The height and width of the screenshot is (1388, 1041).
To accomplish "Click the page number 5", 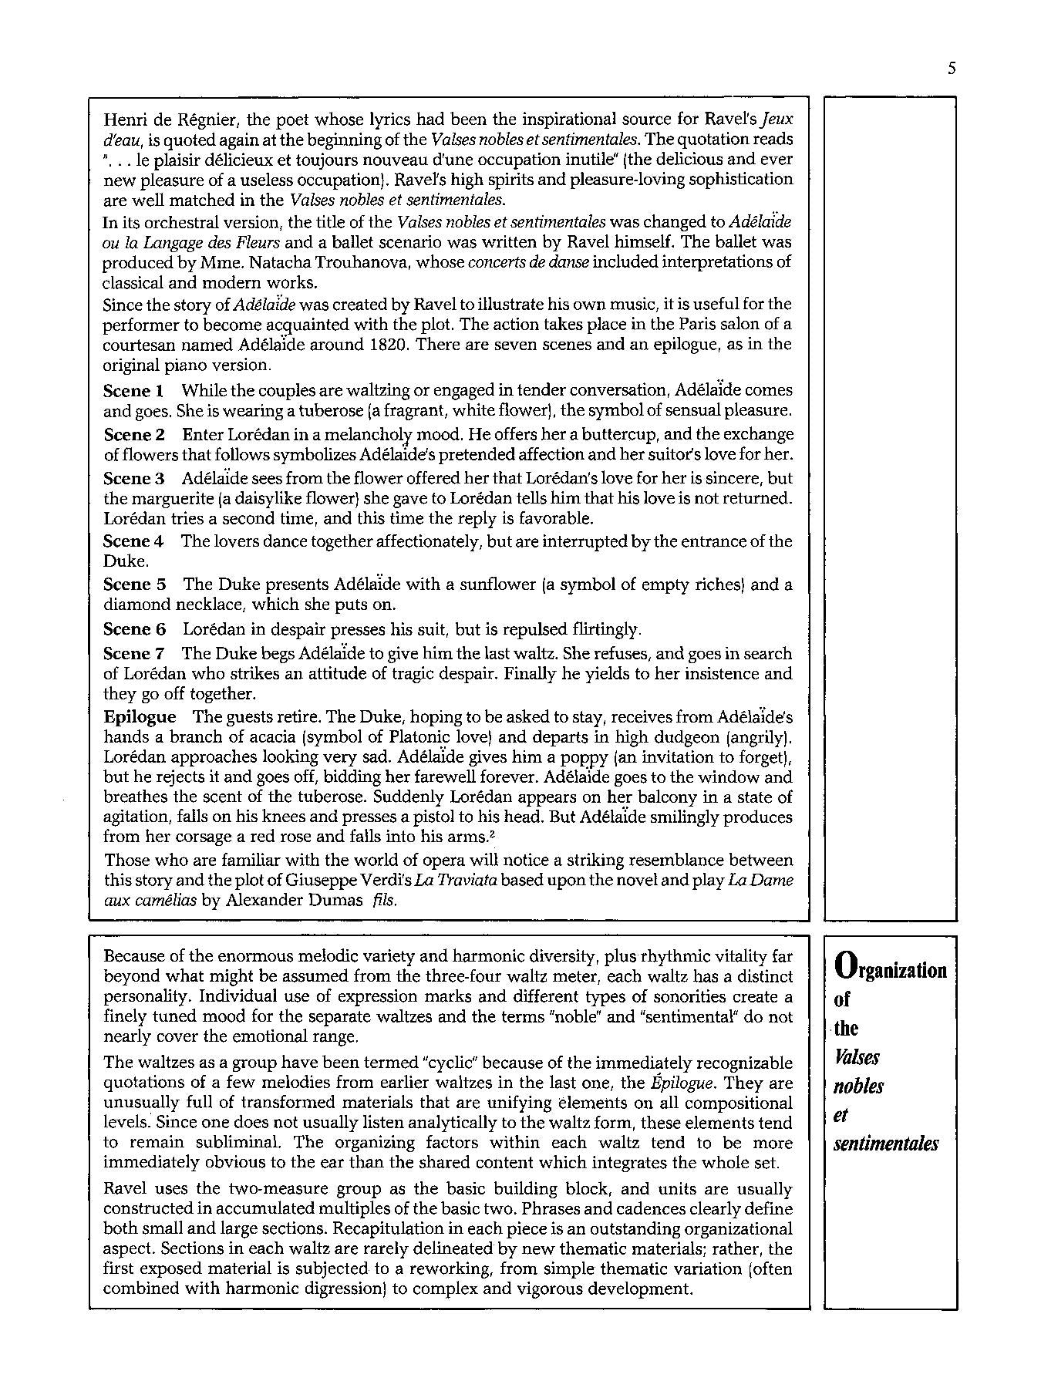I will point(952,69).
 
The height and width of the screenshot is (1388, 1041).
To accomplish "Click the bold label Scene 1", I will point(133,390).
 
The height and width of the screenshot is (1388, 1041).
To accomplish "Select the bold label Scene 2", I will point(134,434).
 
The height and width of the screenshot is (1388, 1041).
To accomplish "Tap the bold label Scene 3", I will point(134,478).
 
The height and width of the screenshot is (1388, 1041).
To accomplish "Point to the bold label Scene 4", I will point(133,541).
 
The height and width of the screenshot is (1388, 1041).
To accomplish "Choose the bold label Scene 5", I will point(134,585).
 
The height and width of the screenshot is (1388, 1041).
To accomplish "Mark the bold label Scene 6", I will point(134,628).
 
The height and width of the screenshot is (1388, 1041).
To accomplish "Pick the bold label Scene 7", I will point(134,654).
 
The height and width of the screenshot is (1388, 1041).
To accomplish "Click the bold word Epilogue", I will point(140,716).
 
